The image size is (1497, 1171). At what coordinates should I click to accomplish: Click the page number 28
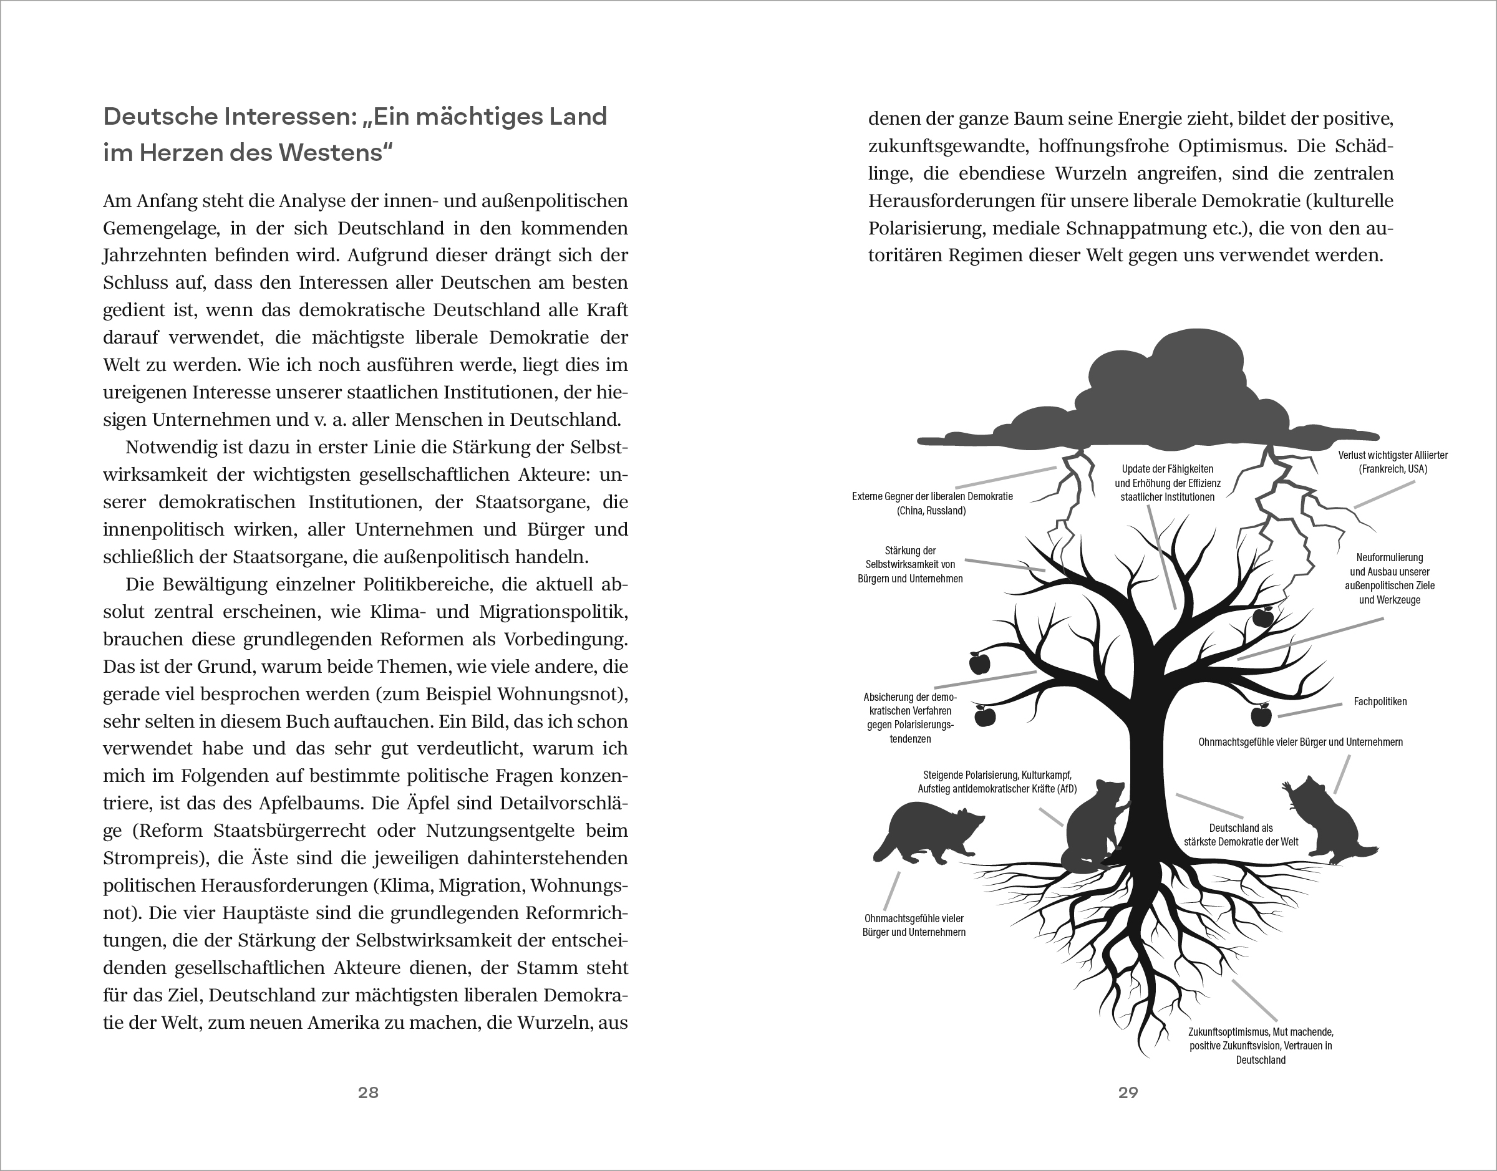pos(368,1093)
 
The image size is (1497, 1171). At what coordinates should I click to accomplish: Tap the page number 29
pos(1128,1093)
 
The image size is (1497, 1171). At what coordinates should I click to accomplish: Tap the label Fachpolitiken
pos(1380,701)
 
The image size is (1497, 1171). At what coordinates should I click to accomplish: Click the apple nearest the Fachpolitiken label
pos(1261,716)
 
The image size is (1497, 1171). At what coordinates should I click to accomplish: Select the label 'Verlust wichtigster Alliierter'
pos(1392,462)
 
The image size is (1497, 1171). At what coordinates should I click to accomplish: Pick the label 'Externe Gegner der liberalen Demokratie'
pos(932,503)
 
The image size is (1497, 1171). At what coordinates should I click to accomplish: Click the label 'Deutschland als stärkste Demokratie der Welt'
pos(1241,834)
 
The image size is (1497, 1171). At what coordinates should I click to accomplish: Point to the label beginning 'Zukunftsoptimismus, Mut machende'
pos(1261,1046)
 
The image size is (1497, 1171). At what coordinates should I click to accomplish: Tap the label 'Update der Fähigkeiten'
pos(1167,483)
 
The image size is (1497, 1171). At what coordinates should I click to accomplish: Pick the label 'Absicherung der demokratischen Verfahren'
pos(910,718)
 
